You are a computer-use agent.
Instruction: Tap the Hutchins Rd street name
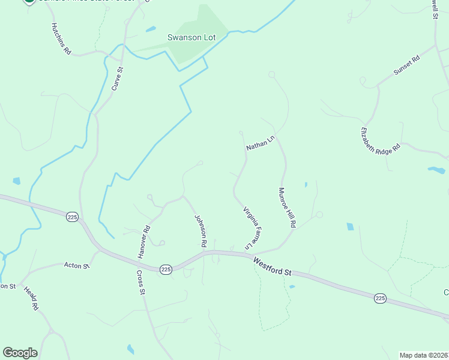pos(61,40)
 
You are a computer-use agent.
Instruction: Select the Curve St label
pos(117,79)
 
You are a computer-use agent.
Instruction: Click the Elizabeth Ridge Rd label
pos(380,141)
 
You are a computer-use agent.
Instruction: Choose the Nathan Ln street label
pos(259,143)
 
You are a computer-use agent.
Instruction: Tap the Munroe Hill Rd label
pos(287,208)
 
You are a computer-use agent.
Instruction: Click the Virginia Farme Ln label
pos(253,229)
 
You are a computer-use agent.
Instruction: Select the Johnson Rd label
pos(200,232)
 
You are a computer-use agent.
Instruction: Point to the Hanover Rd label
pos(143,242)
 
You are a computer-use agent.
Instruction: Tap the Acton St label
pos(77,265)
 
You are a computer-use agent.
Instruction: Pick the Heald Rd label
pos(31,298)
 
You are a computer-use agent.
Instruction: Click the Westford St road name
pos(272,266)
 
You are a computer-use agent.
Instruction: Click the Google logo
pos(20,353)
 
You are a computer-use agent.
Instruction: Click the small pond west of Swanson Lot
pos(151,29)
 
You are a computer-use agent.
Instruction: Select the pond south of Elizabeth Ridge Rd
pos(436,170)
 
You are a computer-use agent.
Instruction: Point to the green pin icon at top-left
pos(28,2)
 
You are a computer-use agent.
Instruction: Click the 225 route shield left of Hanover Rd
pos(73,217)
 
